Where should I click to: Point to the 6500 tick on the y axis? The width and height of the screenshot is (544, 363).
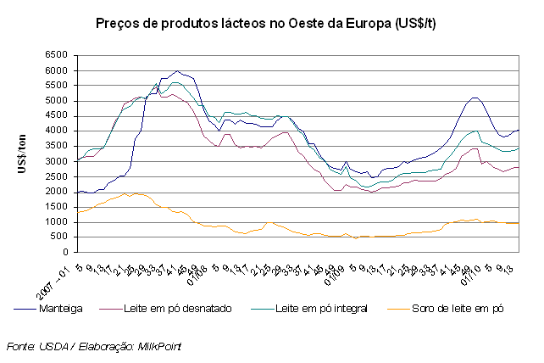[58, 55]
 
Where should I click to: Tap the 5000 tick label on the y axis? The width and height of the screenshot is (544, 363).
[58, 101]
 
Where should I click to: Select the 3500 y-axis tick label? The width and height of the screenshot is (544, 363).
[58, 146]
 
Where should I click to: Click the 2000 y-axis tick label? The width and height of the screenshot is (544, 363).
[58, 192]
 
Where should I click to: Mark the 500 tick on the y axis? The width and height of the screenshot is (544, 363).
[61, 237]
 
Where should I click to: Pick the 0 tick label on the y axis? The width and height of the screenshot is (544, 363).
[67, 252]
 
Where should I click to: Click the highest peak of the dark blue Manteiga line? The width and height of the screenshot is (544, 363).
[176, 71]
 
